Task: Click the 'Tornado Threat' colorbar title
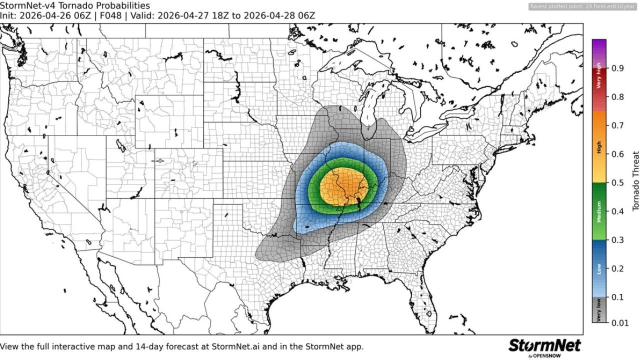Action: click(x=635, y=180)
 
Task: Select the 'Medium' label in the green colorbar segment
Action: click(x=599, y=211)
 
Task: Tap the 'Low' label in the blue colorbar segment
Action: click(x=599, y=269)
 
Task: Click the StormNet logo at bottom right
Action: click(x=544, y=346)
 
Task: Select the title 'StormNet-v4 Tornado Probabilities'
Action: click(x=74, y=5)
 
